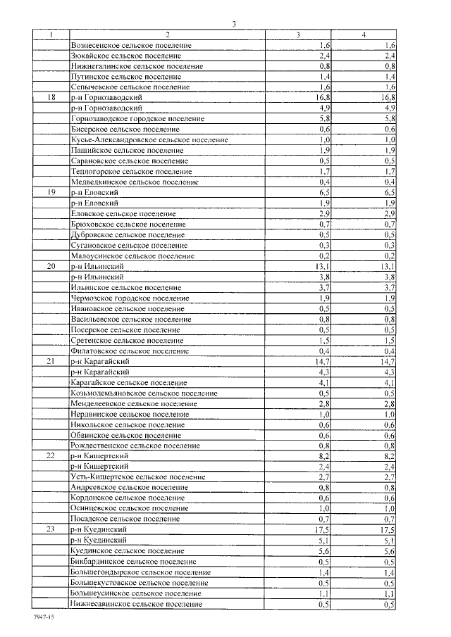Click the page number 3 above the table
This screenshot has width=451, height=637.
pos(233,25)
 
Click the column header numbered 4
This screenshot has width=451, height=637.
pos(364,34)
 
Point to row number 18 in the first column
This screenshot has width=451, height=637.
pos(51,97)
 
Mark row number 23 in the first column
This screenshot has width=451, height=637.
pos(51,529)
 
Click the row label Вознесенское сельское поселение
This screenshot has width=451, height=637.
pos(132,45)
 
